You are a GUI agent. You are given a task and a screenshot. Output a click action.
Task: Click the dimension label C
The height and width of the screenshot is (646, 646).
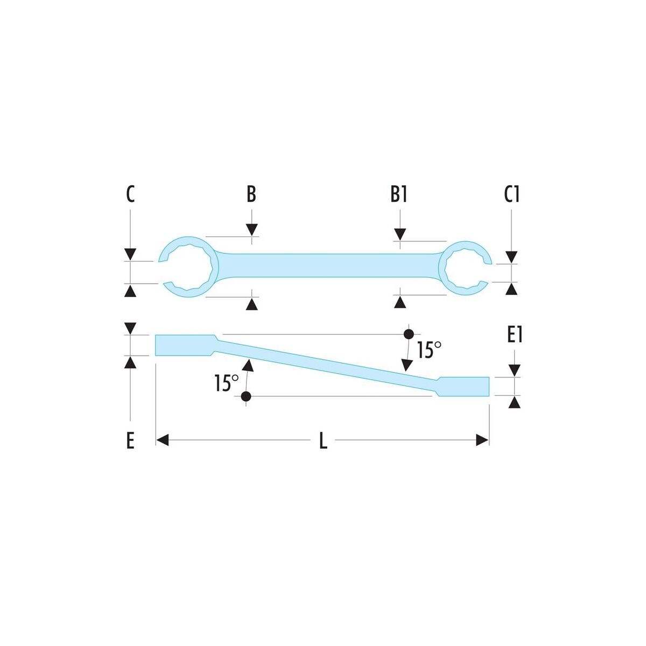click(x=130, y=194)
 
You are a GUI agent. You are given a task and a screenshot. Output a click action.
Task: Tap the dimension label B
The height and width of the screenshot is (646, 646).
click(x=251, y=194)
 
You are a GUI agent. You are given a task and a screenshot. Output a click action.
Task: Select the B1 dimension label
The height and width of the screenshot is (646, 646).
click(x=398, y=194)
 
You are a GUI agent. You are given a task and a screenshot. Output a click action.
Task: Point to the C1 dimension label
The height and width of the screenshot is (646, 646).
click(x=511, y=194)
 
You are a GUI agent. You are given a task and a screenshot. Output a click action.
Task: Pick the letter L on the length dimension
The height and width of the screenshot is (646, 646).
click(x=323, y=440)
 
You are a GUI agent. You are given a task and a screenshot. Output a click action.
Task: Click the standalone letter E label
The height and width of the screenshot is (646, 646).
click(x=130, y=440)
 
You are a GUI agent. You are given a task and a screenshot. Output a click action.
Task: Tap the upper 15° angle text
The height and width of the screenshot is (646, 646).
click(x=429, y=350)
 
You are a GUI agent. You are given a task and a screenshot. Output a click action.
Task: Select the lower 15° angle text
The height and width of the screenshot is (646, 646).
click(x=226, y=383)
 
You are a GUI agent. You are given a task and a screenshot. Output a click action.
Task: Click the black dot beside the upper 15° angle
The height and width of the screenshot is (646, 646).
click(x=408, y=334)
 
